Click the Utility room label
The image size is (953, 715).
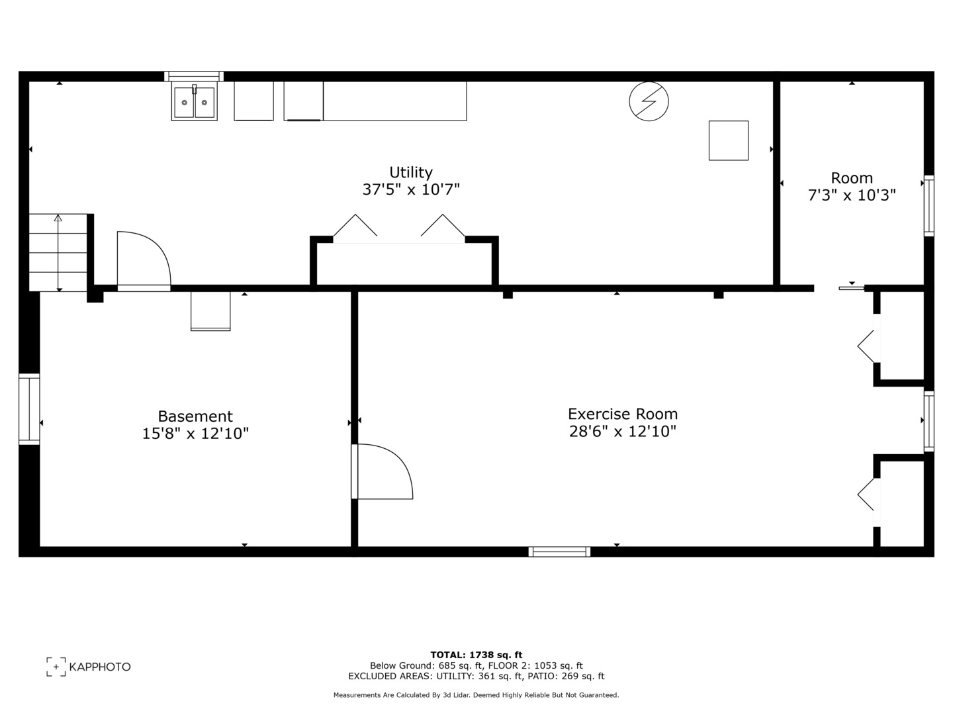point(410,172)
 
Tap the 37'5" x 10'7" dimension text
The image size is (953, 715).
point(410,190)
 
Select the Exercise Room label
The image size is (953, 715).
point(622,414)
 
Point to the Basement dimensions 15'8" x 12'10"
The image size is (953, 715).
point(195,434)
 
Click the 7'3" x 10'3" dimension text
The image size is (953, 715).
point(852,195)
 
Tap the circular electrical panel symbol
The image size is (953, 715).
point(649,101)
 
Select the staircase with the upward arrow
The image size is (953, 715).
point(58,252)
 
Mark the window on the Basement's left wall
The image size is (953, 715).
point(29,408)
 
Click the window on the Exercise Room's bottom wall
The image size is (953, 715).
point(559,551)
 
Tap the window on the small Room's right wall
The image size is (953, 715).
point(929,205)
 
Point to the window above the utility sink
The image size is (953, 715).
point(194,76)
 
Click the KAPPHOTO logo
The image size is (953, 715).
point(89,667)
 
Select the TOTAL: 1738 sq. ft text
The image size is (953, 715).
point(476,655)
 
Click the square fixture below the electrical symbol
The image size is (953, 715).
point(728,140)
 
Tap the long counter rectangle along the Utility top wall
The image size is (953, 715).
point(394,101)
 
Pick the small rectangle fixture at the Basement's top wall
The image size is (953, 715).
point(210,310)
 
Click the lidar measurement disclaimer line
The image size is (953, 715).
point(476,695)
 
